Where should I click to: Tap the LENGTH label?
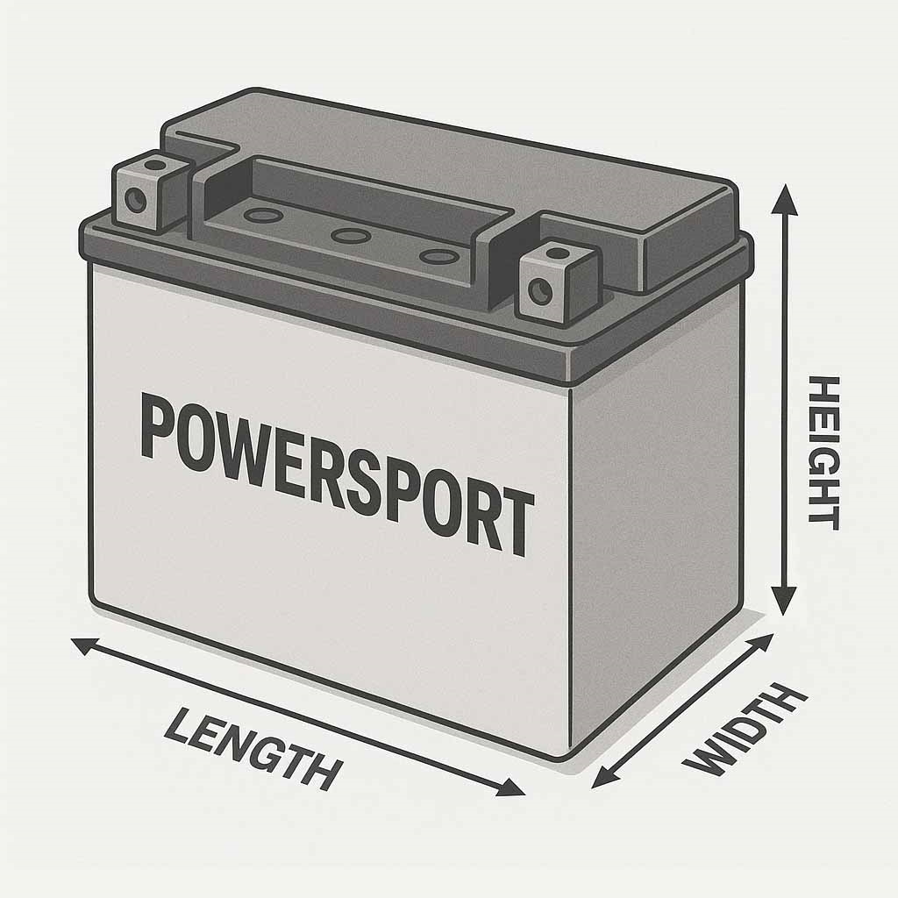click(253, 749)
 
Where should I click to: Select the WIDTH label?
click(745, 731)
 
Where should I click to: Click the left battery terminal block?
click(151, 192)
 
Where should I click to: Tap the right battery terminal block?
click(558, 282)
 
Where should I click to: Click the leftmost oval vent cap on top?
click(263, 216)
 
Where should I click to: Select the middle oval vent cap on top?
click(351, 235)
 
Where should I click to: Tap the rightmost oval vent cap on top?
click(438, 257)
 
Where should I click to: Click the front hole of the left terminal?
click(136, 200)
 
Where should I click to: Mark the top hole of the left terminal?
click(154, 165)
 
